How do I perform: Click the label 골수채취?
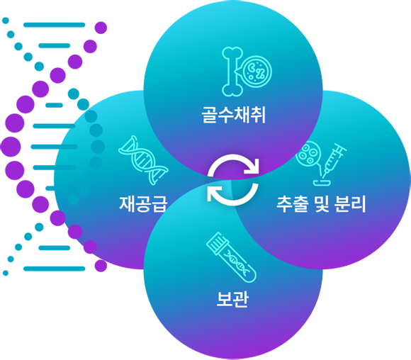point(234,115)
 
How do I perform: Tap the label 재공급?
point(143,203)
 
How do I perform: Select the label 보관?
point(232,298)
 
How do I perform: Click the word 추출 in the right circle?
point(292,204)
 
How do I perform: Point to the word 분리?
point(350,203)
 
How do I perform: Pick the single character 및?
point(321,204)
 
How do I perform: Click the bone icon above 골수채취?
point(232,72)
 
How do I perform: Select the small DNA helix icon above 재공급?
point(143,160)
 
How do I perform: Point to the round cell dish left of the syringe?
point(308,153)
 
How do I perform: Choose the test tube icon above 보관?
point(231,257)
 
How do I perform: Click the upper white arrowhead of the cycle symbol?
point(252,167)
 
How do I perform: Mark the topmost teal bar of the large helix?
point(55,25)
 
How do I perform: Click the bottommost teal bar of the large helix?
point(55,269)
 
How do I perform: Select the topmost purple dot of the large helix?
point(101,28)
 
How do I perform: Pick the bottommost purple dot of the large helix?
point(101,266)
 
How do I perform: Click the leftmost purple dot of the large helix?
point(11,147)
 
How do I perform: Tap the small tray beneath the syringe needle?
point(322,183)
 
